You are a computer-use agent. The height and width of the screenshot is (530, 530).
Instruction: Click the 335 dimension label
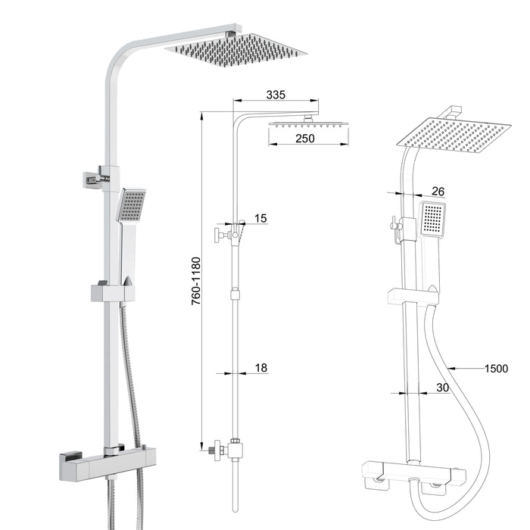275,95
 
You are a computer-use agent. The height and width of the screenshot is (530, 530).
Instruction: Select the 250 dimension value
304,139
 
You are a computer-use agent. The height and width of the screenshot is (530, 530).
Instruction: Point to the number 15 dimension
260,219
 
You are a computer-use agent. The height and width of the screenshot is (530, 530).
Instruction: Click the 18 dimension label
260,368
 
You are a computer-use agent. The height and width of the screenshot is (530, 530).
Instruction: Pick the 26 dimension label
438,191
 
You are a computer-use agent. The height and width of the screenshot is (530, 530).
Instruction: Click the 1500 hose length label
496,369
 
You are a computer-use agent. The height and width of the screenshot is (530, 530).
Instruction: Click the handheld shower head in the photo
131,205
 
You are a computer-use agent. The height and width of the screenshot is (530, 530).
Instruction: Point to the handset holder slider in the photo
112,291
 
